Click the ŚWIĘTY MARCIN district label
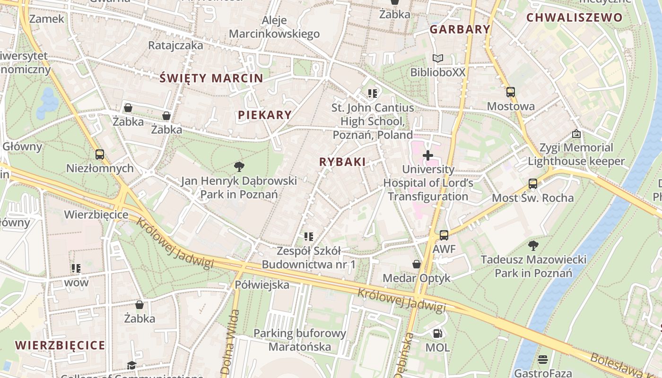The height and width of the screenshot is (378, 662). coord(211,78)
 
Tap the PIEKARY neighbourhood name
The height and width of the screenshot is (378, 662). coord(265,115)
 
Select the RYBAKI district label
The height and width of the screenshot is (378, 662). coord(342,162)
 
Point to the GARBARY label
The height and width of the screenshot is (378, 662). coord(460,29)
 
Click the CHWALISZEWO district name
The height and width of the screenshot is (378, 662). coord(574,18)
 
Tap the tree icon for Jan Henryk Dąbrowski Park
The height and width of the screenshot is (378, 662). coord(239,166)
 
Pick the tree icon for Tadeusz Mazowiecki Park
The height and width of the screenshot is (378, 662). coord(533,245)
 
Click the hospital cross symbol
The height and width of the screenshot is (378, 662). coord(428,155)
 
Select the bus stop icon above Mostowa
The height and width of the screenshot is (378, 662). coord(511,92)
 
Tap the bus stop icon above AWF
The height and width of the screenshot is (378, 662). coord(444,235)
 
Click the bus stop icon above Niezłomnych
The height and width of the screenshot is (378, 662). coord(100,154)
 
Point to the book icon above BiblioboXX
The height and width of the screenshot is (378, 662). coord(438,59)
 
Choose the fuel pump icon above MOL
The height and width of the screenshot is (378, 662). coord(437,334)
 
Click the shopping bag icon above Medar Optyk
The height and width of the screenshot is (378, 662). coord(417,264)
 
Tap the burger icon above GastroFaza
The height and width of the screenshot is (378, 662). coord(543,360)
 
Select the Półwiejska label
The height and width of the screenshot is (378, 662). coord(262,285)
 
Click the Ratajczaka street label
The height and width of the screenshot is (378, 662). coord(175,45)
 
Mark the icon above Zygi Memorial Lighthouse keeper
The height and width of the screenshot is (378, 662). coord(576,134)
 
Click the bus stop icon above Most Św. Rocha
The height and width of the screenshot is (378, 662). coord(533,183)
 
